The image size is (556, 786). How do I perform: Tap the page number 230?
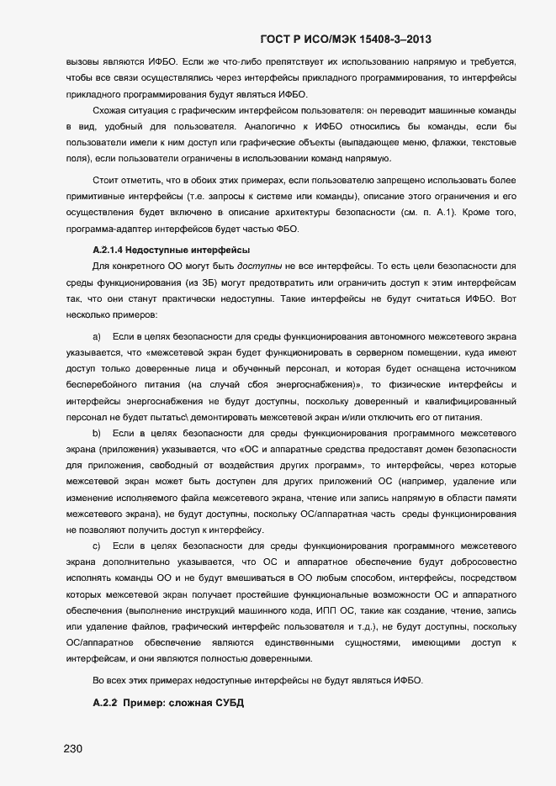(72, 749)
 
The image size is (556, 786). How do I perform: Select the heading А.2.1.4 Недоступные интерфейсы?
(170, 250)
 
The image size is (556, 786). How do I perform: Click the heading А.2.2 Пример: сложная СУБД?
(167, 702)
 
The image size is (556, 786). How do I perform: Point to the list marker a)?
(97, 336)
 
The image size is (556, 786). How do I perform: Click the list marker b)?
(97, 433)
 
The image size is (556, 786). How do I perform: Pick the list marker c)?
(97, 546)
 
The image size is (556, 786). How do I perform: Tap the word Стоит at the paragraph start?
(107, 182)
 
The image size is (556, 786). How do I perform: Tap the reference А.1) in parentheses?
(439, 214)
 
